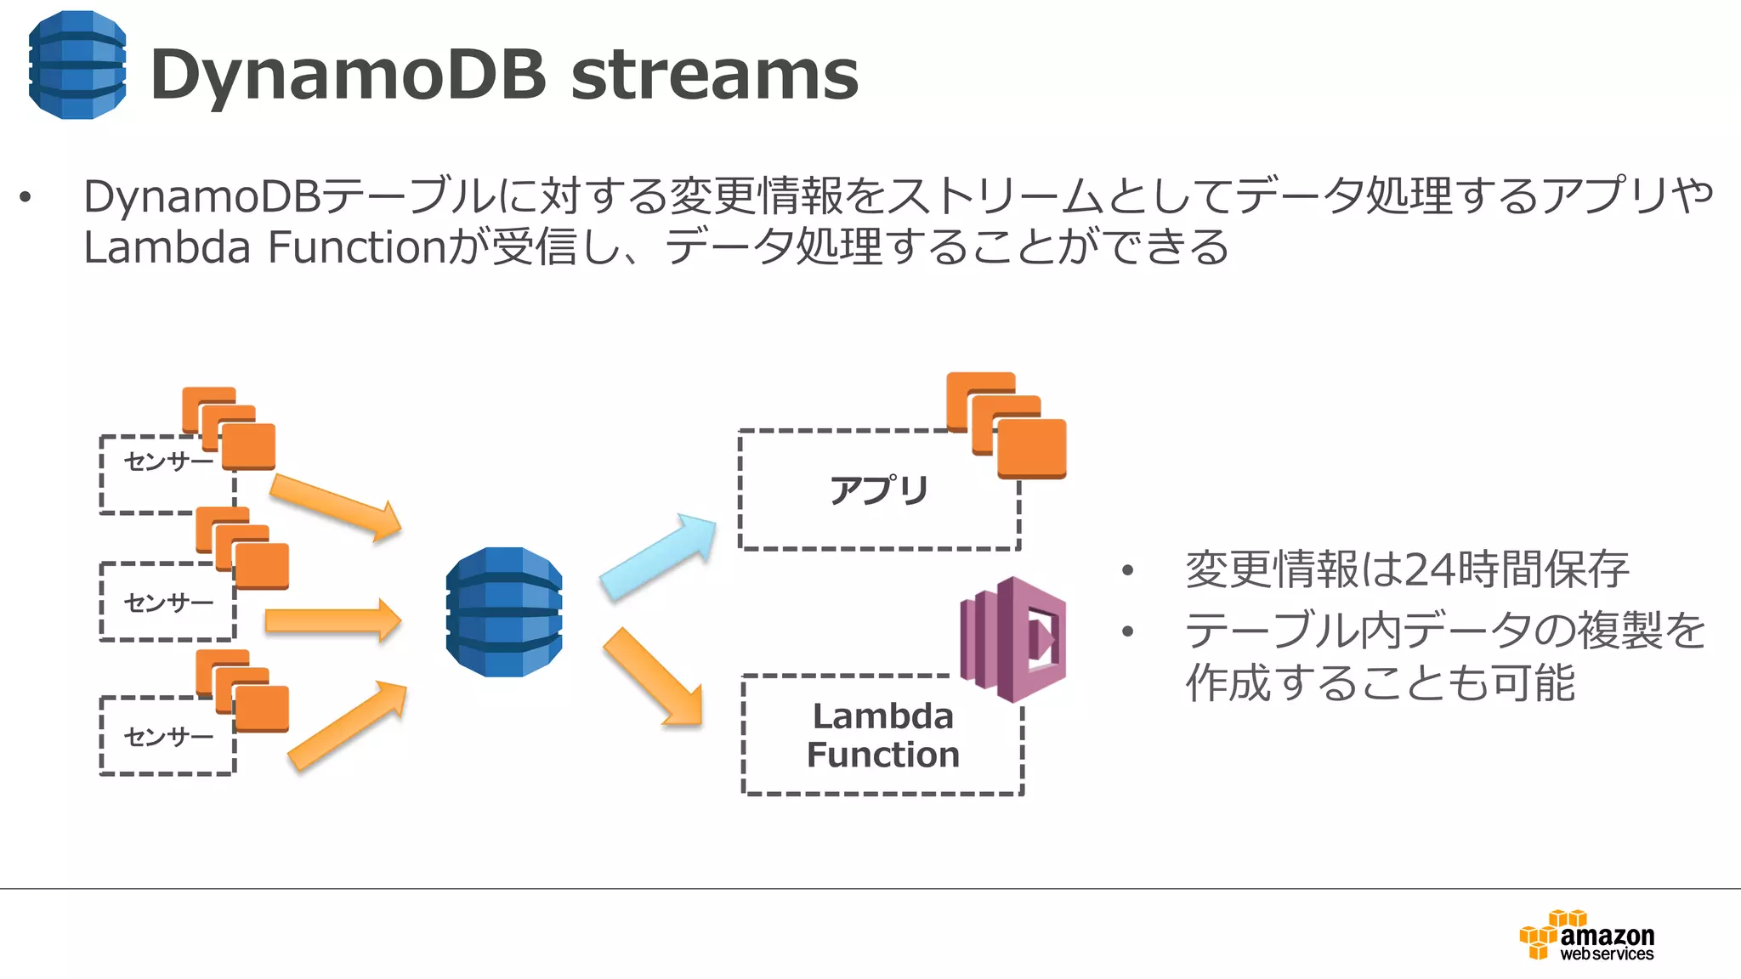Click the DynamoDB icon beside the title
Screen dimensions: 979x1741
(x=77, y=65)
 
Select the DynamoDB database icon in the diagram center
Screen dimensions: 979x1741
(x=504, y=612)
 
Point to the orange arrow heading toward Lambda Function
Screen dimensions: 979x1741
(x=653, y=678)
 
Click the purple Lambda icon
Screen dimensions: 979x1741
(x=1013, y=639)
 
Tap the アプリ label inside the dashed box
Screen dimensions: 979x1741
(x=879, y=490)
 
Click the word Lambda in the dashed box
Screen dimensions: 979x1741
(x=882, y=716)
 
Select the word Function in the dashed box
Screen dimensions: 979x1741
(x=882, y=755)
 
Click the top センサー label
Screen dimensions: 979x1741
(x=168, y=461)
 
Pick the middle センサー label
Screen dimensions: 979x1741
(x=168, y=603)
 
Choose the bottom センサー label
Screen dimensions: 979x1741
(x=168, y=736)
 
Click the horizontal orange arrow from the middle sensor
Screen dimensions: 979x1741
(x=332, y=620)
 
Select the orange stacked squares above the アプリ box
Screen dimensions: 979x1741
(x=1007, y=425)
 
